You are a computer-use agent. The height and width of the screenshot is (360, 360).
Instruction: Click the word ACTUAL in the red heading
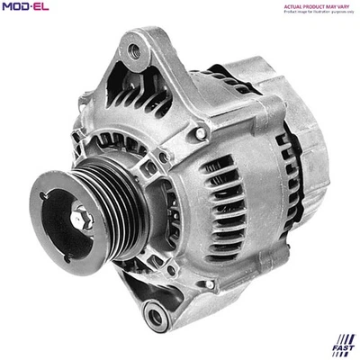pyautogui.click(x=293, y=5)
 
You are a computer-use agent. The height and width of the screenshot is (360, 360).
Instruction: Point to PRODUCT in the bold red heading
pyautogui.click(x=316, y=5)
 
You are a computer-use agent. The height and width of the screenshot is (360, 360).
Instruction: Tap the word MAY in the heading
pyautogui.click(x=336, y=5)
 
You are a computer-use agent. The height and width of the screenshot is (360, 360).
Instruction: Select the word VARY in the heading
pyautogui.click(x=349, y=5)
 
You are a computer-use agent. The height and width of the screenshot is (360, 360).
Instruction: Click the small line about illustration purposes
pyautogui.click(x=319, y=12)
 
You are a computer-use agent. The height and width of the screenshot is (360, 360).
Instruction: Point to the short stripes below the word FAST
pyautogui.click(x=344, y=352)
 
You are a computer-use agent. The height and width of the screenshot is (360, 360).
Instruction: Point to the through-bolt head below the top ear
pyautogui.click(x=200, y=132)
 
